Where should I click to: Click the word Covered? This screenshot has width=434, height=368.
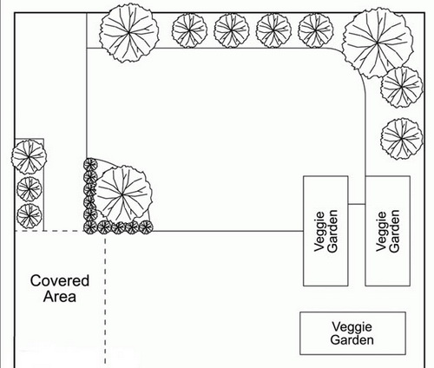point(60,280)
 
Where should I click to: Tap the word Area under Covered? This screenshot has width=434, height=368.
point(60,297)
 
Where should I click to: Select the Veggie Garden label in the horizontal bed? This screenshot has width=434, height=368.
point(352,333)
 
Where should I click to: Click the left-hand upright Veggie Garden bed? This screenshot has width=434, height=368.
point(325,231)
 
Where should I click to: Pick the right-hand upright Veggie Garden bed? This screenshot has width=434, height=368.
point(387,231)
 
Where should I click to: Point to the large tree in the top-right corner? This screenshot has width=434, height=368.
point(378,43)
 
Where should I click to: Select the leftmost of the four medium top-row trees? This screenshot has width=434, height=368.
point(189,30)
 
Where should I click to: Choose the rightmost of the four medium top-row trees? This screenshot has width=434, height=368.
point(316,30)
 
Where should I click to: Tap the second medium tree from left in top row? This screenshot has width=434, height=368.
point(232,30)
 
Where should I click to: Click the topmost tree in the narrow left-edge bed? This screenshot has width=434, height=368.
point(29,157)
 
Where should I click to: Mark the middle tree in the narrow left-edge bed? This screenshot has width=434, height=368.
point(30,189)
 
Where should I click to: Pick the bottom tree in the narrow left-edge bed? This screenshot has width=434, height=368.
point(30,216)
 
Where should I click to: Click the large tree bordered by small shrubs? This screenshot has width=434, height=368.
point(122,195)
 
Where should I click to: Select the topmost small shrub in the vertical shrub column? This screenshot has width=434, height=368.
point(90,165)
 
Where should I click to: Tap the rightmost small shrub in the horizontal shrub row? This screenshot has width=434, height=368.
point(146,227)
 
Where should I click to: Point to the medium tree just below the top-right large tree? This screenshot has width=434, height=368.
point(402,87)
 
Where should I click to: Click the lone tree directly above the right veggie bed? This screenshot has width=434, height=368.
point(402,139)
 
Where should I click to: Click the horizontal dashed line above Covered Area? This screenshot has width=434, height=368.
point(49,231)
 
